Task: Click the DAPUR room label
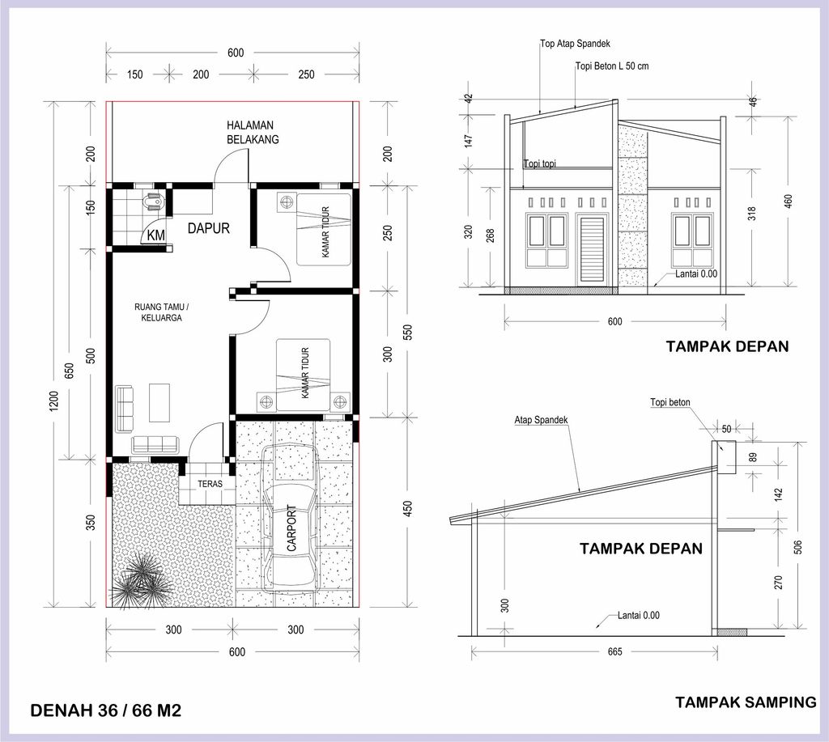click(x=209, y=228)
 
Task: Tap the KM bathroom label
click(x=155, y=235)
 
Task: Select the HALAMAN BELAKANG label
click(x=253, y=132)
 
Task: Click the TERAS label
click(x=210, y=484)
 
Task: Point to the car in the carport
click(x=291, y=515)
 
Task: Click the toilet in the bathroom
click(x=152, y=203)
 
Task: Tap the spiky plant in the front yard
click(x=141, y=577)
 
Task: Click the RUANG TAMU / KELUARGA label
click(x=162, y=312)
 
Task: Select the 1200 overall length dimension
click(x=53, y=401)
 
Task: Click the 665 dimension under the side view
click(x=615, y=651)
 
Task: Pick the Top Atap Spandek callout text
click(x=576, y=44)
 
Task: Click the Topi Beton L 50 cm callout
click(x=612, y=66)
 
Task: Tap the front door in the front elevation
click(x=592, y=252)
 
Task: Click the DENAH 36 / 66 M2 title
click(x=106, y=710)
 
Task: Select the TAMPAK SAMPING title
click(x=746, y=702)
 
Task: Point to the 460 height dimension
click(x=789, y=201)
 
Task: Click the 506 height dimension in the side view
click(x=798, y=547)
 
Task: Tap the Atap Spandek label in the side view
click(x=541, y=420)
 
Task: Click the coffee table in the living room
click(x=159, y=403)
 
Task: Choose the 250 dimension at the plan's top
click(x=306, y=74)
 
